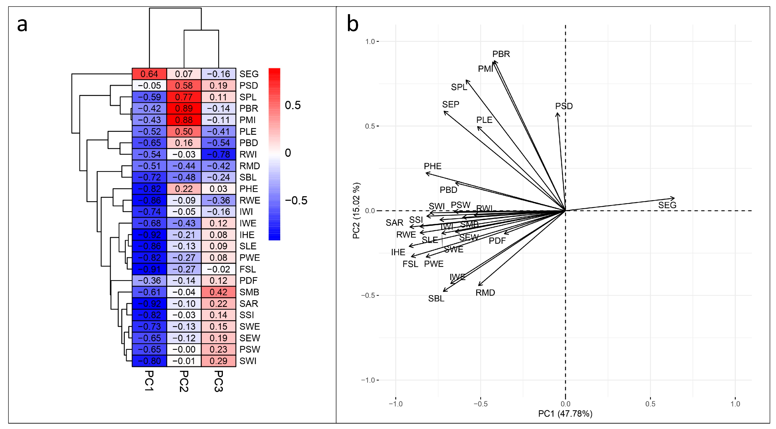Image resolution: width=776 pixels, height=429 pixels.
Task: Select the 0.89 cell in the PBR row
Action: [184, 108]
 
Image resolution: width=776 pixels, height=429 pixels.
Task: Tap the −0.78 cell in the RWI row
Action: [218, 154]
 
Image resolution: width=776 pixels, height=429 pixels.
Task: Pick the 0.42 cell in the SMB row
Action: [218, 292]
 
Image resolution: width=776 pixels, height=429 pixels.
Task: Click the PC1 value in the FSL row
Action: [149, 269]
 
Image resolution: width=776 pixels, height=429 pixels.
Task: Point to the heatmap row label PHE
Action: [249, 189]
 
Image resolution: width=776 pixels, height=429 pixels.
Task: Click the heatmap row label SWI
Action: [248, 361]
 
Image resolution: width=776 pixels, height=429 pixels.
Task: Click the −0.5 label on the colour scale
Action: [296, 201]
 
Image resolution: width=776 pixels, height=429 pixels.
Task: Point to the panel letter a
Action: [22, 25]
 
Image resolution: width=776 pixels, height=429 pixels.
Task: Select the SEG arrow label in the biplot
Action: [667, 205]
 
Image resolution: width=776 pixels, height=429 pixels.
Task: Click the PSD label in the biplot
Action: [564, 106]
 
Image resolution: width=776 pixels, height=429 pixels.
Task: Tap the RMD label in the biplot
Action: [485, 293]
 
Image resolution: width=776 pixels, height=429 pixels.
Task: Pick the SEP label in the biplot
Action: [450, 105]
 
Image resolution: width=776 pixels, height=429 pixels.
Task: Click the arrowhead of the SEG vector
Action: [674, 198]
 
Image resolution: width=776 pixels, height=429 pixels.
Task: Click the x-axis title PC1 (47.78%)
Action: [565, 414]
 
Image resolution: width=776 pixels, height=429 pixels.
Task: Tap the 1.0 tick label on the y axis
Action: [370, 41]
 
